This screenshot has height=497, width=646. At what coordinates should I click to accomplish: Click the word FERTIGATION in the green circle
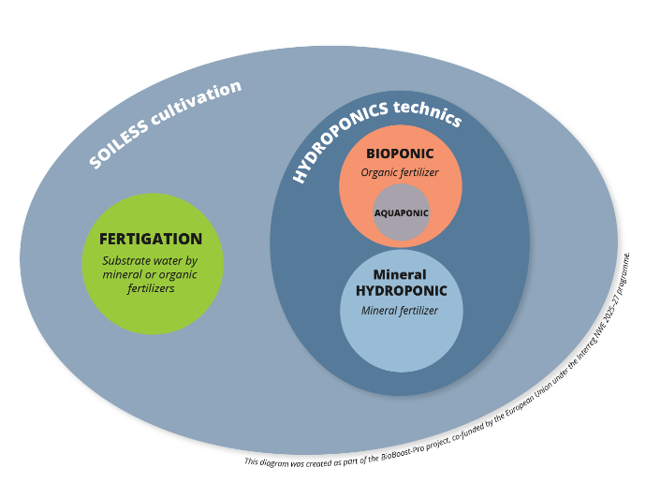pos(151,239)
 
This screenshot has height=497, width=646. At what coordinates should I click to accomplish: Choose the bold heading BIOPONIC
pos(401,154)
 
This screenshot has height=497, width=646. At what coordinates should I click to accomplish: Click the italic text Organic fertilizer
pos(401,172)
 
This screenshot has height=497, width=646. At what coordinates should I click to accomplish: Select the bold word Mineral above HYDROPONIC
pos(400,275)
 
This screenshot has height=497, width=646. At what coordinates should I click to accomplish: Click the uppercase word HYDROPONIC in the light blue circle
pos(401,291)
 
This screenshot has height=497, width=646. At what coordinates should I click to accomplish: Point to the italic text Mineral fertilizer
pos(400,310)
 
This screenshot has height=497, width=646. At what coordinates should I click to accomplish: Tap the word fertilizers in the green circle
pos(151,289)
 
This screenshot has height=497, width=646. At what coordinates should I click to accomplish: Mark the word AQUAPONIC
pos(402,212)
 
